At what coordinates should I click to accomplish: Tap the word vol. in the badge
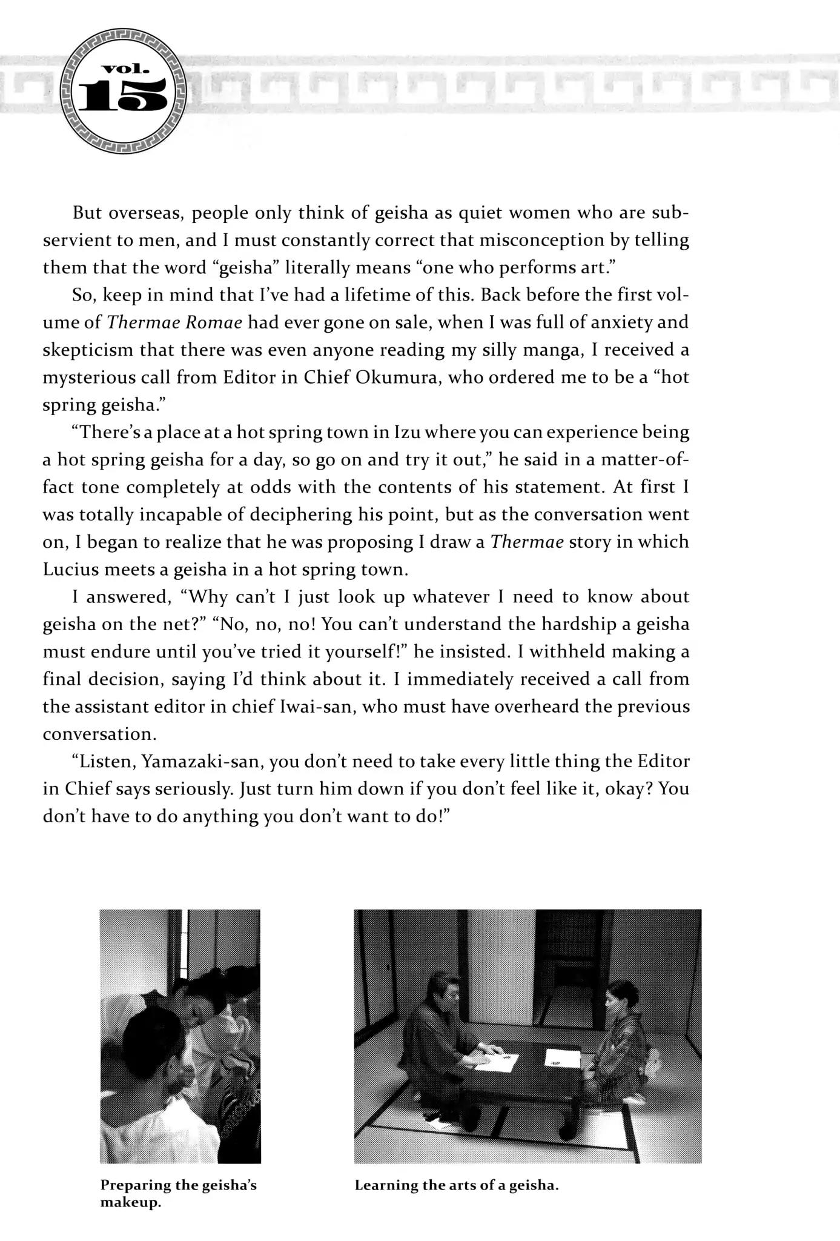(x=124, y=68)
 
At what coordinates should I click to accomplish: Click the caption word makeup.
(x=130, y=1202)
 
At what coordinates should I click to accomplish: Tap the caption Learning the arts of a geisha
(x=456, y=1185)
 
